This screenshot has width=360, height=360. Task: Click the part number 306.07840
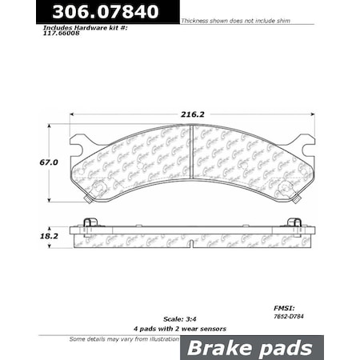coord(90,11)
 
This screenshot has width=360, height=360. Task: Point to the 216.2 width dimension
coord(192,114)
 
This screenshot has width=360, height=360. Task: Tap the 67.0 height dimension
coord(30,162)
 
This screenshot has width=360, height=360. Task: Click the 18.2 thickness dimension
coord(28,237)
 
